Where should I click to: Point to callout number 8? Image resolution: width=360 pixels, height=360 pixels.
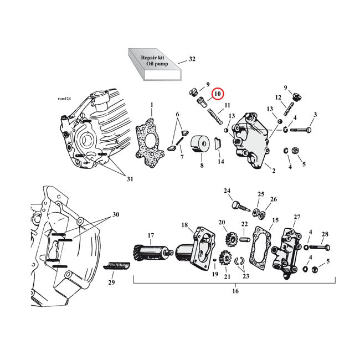coord(202,165)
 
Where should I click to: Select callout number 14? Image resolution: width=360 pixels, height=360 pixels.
coord(221,161)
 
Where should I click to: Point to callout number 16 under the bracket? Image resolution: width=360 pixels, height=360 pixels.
coord(235,290)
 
